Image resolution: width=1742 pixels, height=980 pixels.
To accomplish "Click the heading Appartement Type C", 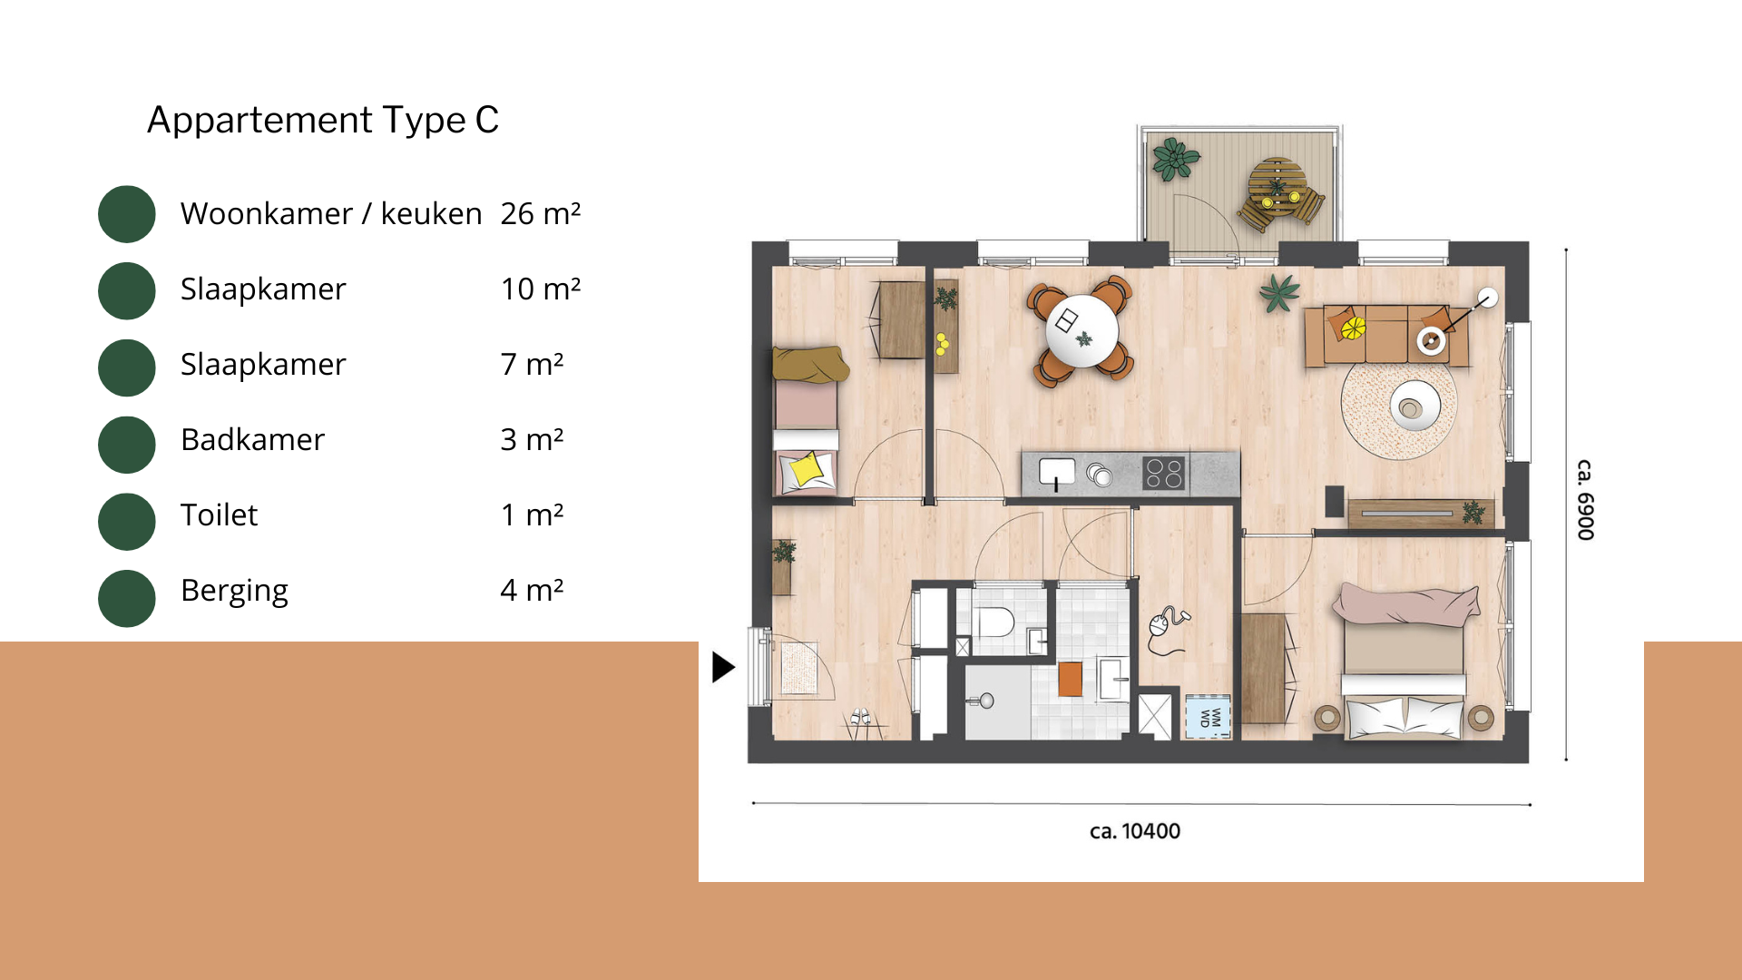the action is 323,120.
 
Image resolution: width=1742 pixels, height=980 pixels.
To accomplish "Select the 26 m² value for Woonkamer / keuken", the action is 541,213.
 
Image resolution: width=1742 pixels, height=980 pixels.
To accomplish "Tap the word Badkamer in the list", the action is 252,439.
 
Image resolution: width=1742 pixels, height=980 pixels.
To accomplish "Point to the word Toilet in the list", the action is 219,514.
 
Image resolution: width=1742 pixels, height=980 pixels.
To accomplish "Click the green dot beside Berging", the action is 127,598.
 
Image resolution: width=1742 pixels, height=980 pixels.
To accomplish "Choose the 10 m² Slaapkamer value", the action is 541,289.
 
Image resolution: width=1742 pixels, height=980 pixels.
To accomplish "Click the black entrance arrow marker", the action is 723,667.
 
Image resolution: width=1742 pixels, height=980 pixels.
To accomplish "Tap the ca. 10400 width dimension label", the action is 1135,831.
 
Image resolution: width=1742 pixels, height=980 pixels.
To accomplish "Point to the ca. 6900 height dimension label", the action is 1585,500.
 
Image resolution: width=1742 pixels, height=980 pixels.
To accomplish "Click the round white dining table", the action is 1081,330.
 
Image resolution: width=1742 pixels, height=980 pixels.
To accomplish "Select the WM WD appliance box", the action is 1209,717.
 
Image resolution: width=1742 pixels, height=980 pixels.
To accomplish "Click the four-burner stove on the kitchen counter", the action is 1164,473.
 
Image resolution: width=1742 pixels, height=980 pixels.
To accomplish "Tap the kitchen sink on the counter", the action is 1057,471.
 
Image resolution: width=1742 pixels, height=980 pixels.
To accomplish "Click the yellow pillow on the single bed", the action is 807,469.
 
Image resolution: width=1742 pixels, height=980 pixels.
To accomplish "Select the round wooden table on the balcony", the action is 1277,185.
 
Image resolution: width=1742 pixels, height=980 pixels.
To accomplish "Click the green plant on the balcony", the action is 1176,160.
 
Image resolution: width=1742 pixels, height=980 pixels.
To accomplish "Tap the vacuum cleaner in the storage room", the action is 1166,630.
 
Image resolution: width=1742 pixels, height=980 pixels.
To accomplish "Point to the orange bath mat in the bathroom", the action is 1071,679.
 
